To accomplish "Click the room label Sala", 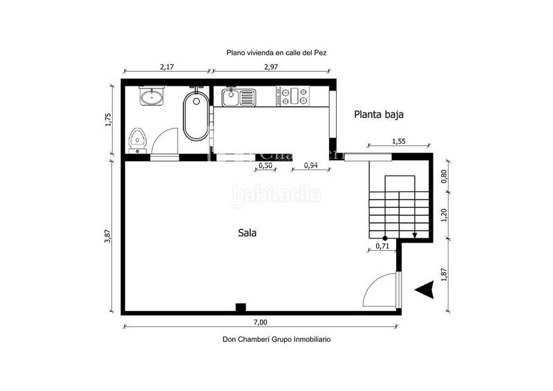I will coord(247,233).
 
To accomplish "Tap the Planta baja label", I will coord(379,115).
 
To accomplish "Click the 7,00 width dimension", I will coord(260,322).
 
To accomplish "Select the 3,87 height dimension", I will coord(107,235).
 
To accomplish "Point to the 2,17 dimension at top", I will coord(167,66).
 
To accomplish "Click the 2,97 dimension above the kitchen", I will coord(271,66).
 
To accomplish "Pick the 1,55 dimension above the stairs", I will coord(399,142).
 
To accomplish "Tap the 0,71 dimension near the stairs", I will coord(382,246).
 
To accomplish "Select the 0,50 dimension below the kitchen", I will coord(265,166).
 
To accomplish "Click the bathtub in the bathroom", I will coord(196,117).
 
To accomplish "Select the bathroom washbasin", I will coord(152,97).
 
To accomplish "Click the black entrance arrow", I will coord(424,291).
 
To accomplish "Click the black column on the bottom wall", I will coord(240,307).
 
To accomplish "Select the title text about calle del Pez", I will coord(275,53).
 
